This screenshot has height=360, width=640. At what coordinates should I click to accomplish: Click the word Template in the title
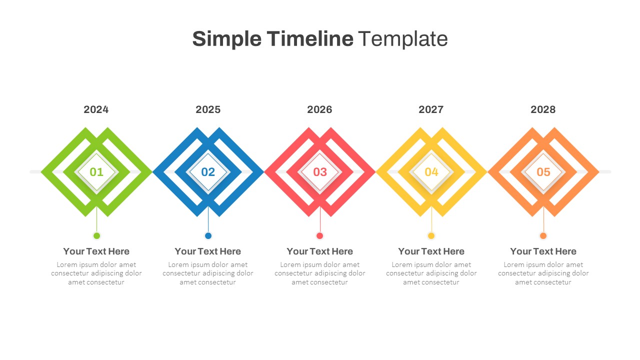402,38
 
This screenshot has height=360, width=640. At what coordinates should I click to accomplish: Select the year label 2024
96,109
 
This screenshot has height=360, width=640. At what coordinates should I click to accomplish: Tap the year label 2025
208,109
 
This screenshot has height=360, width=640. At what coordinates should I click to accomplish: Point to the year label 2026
319,109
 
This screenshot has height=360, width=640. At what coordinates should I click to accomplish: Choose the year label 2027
431,109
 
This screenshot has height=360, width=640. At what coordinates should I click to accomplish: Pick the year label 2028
543,109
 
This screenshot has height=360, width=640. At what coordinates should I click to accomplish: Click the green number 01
96,172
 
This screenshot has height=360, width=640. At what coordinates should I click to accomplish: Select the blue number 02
208,172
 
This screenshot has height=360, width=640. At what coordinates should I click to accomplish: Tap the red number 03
320,172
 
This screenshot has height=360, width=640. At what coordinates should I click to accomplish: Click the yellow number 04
431,172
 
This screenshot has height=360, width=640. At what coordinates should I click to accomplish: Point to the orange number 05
543,172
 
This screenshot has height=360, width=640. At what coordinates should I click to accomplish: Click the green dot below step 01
96,235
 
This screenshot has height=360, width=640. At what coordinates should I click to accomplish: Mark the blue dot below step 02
208,235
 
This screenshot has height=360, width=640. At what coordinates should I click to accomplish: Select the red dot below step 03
320,235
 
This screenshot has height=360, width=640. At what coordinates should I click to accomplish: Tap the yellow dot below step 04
431,235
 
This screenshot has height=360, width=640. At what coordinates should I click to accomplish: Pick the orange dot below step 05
543,235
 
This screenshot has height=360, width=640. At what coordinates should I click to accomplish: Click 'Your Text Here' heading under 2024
96,251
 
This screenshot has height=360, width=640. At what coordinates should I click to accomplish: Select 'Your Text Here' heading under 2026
320,251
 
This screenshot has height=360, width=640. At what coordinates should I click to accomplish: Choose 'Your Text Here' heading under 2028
543,251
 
